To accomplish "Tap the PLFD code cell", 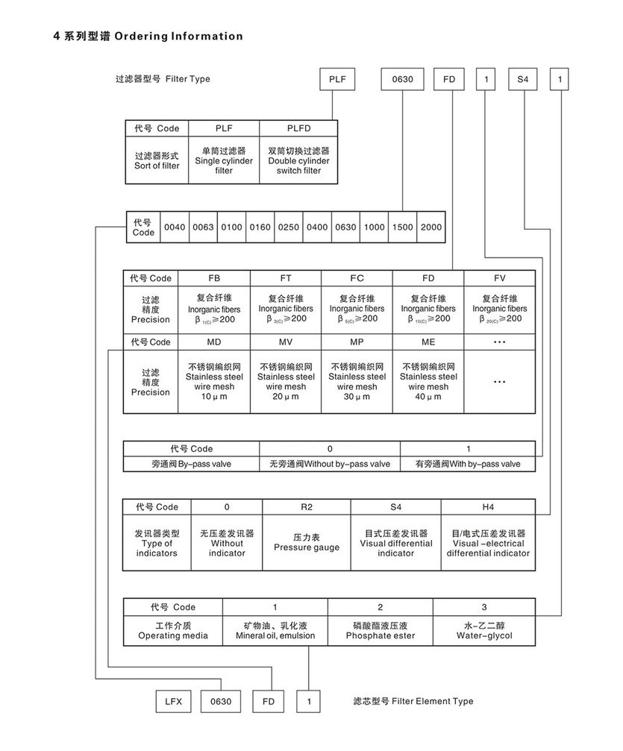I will (298, 128).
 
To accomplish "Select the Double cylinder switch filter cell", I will (298, 161).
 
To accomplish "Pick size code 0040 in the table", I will (175, 227).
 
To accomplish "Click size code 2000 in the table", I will (431, 227).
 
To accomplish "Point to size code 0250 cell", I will (288, 227).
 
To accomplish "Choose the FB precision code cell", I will (214, 278).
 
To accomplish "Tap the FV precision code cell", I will (499, 278).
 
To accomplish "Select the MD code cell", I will (214, 342).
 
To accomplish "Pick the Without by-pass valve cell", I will (330, 464).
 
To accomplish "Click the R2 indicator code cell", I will (306, 507).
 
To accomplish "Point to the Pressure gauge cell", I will (306, 542).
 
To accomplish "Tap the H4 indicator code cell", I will (488, 507).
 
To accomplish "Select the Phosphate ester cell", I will (380, 631).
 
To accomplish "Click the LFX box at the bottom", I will (173, 702).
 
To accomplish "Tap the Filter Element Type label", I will (413, 701).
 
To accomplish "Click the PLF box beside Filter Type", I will (338, 78).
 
